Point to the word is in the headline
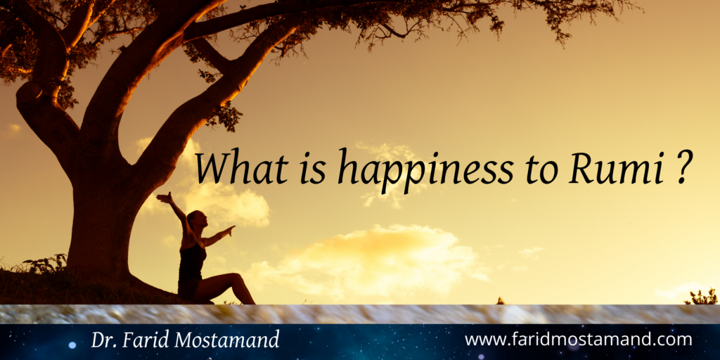coord(312,167)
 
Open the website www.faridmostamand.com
coord(578,340)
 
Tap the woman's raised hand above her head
coord(163,197)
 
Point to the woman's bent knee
coord(236,277)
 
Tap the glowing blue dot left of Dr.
coord(72,345)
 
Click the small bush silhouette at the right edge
coord(701,297)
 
